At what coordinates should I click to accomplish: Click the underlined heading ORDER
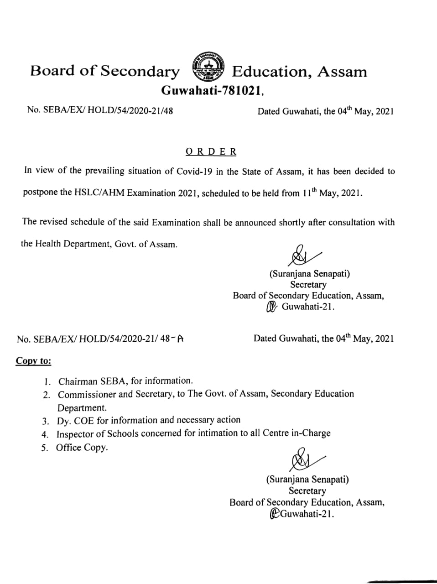211,151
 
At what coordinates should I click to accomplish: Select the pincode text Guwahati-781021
213,90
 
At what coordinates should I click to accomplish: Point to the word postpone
40,192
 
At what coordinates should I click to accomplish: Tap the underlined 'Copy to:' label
33,361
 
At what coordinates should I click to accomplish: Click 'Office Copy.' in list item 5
82,448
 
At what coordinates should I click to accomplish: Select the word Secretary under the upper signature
308,285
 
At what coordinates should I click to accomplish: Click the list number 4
45,434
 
